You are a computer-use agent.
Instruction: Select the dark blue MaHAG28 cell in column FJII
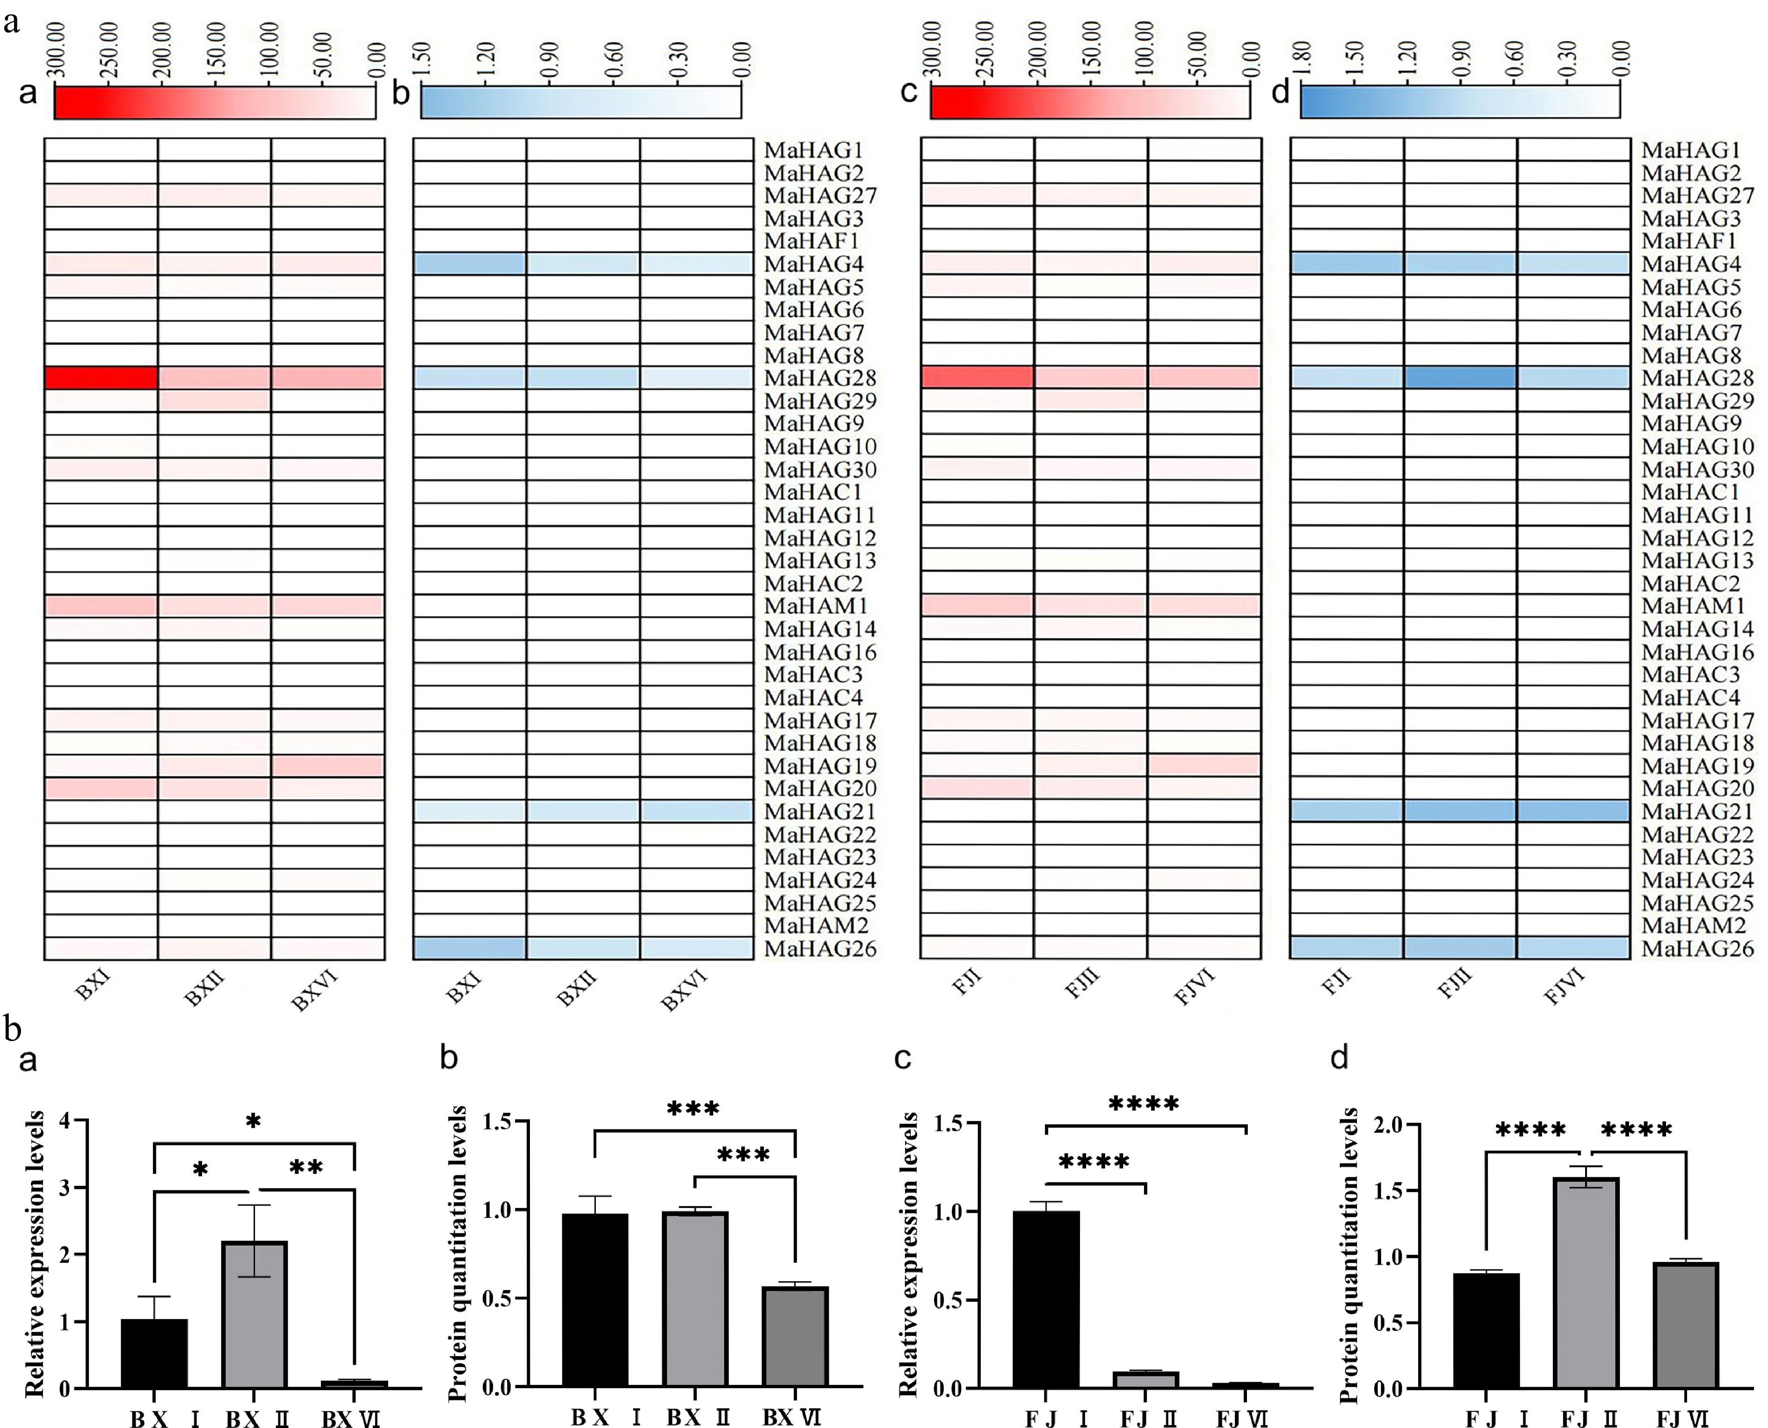coord(1460,378)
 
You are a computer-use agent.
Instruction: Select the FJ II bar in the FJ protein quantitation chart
coord(1586,1283)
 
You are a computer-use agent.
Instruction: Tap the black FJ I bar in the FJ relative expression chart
coord(1046,1300)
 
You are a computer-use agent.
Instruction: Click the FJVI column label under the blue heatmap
coord(1564,987)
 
